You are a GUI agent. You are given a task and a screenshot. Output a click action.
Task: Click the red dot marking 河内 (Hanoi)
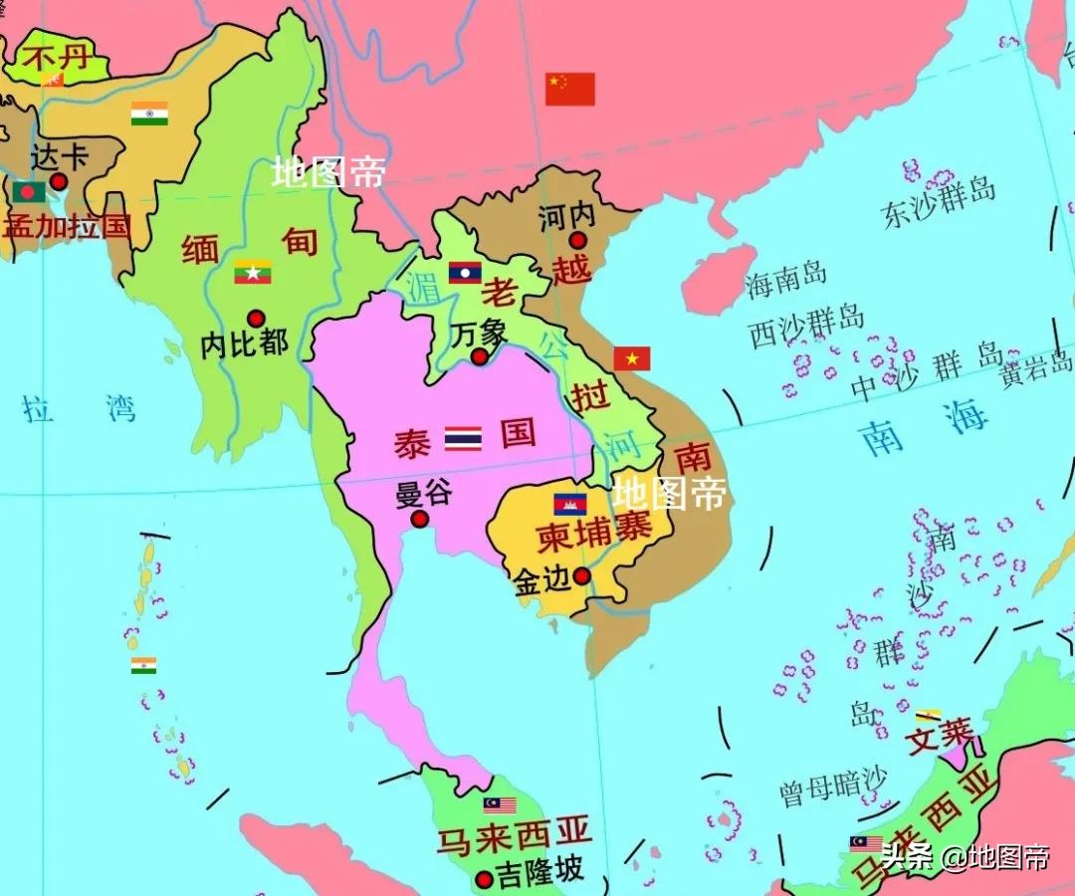click(x=577, y=240)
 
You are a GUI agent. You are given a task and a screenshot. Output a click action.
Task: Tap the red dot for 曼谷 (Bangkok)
click(x=420, y=519)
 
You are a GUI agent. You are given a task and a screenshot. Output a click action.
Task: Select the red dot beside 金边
click(x=582, y=575)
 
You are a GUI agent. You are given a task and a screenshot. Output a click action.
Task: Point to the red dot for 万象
click(x=480, y=356)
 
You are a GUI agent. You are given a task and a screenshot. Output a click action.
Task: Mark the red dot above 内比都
click(x=256, y=319)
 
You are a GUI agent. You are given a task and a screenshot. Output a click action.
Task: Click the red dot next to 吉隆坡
click(x=485, y=879)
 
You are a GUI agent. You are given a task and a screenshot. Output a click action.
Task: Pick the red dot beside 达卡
click(x=59, y=181)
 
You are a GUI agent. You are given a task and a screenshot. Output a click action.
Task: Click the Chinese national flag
click(x=570, y=89)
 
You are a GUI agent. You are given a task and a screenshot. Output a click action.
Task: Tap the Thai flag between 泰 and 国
click(x=463, y=438)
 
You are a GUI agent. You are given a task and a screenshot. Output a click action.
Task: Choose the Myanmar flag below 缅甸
click(x=253, y=272)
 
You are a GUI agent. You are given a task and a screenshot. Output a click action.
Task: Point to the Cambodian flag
click(x=570, y=504)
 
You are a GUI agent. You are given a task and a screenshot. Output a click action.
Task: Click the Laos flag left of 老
click(x=465, y=273)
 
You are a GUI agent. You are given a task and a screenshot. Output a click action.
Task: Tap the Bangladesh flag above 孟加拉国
click(x=29, y=191)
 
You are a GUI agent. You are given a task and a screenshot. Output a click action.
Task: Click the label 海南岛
click(x=786, y=282)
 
